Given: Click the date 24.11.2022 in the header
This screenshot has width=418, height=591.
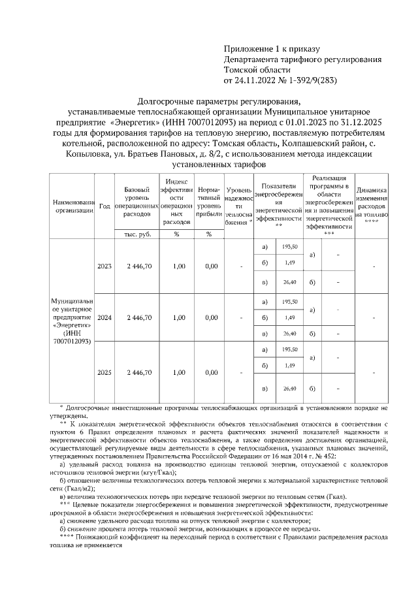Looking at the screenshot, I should click(x=257, y=81).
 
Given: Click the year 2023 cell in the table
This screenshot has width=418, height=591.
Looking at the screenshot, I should click(x=104, y=266).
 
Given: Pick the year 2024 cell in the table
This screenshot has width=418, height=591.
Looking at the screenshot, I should click(x=104, y=317).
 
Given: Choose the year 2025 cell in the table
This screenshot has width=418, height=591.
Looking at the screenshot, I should click(x=104, y=372).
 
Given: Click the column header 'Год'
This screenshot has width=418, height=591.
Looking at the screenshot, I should click(x=104, y=205).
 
